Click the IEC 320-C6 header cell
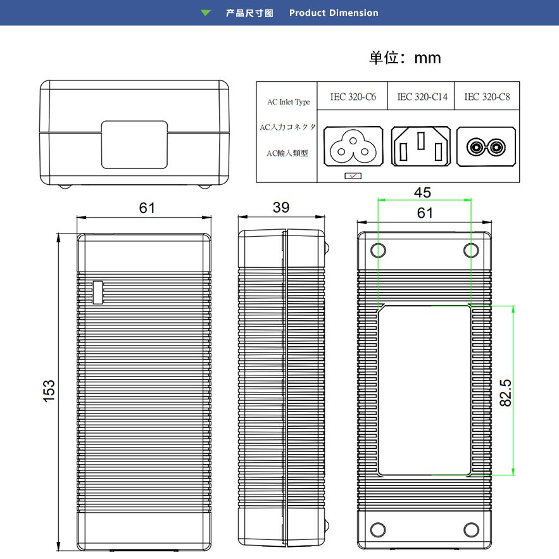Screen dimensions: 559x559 [x=353, y=97]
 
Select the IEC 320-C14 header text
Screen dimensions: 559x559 [x=422, y=97]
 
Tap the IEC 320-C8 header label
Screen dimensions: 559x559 [x=487, y=97]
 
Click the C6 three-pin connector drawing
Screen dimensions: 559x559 [x=353, y=146]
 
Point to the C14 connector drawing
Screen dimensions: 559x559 [x=421, y=146]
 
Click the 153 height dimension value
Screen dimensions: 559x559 [x=49, y=390]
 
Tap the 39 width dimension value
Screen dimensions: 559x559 [x=282, y=208]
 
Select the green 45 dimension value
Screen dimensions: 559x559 [x=423, y=192]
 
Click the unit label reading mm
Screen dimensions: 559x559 [x=427, y=58]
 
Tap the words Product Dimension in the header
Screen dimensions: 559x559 [x=334, y=13]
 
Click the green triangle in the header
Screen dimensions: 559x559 [x=206, y=13]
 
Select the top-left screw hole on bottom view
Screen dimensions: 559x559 [x=378, y=250]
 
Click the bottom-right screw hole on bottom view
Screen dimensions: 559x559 [x=471, y=529]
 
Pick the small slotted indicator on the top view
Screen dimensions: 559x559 [x=97, y=292]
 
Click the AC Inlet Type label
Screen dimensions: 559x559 [x=288, y=102]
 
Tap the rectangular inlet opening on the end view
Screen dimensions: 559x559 [x=135, y=144]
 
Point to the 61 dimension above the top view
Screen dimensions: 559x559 [x=147, y=208]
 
